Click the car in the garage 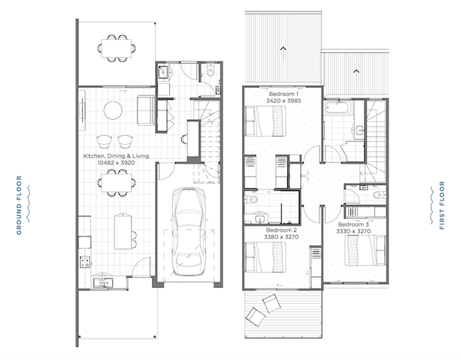tap(189, 232)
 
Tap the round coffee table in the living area tap(113, 111)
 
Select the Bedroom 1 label tap(284, 94)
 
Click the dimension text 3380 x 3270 tap(281, 236)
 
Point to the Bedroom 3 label tap(353, 224)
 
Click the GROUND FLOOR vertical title tap(19, 205)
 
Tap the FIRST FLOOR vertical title tap(442, 205)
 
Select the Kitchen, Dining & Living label tap(116, 156)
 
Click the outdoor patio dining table tap(117, 48)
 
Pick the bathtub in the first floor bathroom tap(338, 107)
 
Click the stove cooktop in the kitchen tap(85, 262)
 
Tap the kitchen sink tap(103, 282)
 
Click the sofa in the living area tap(146, 110)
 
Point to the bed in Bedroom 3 tap(365, 250)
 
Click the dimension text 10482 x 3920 tap(116, 163)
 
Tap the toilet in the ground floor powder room tap(211, 71)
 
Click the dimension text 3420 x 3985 tap(284, 101)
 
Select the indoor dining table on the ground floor tap(117, 183)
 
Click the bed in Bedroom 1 tap(266, 121)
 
